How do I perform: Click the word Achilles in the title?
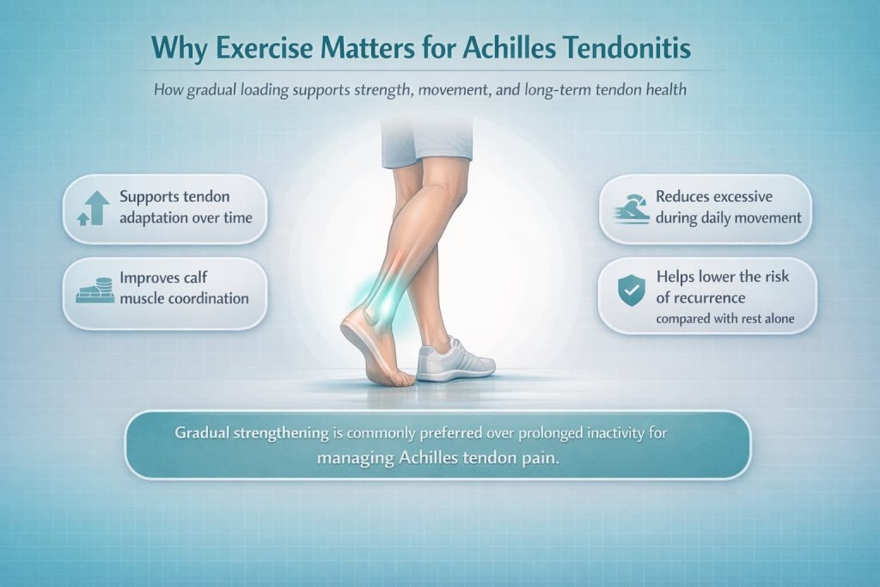coord(519,48)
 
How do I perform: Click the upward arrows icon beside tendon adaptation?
coord(95,208)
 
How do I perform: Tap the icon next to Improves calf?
coord(95,290)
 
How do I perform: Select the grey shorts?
coord(427,141)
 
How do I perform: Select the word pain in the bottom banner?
coord(542,458)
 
